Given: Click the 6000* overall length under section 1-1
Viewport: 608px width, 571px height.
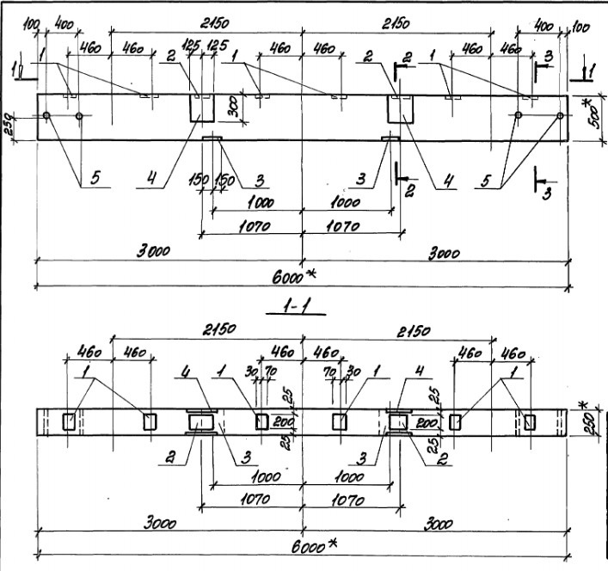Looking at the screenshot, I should point(301,544).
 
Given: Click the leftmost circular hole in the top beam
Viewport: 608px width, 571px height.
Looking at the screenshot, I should point(46,115).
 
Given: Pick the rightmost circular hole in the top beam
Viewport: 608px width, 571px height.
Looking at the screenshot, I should point(560,115).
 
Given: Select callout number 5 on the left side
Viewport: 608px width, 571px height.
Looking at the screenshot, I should point(95,179).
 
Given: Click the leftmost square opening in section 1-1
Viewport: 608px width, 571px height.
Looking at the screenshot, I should point(70,421).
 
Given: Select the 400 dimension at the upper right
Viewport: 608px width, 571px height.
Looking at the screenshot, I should point(542,27).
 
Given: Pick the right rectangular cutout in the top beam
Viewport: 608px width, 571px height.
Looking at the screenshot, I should point(399,110).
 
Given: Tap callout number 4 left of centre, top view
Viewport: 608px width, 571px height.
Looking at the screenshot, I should point(150,179).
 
